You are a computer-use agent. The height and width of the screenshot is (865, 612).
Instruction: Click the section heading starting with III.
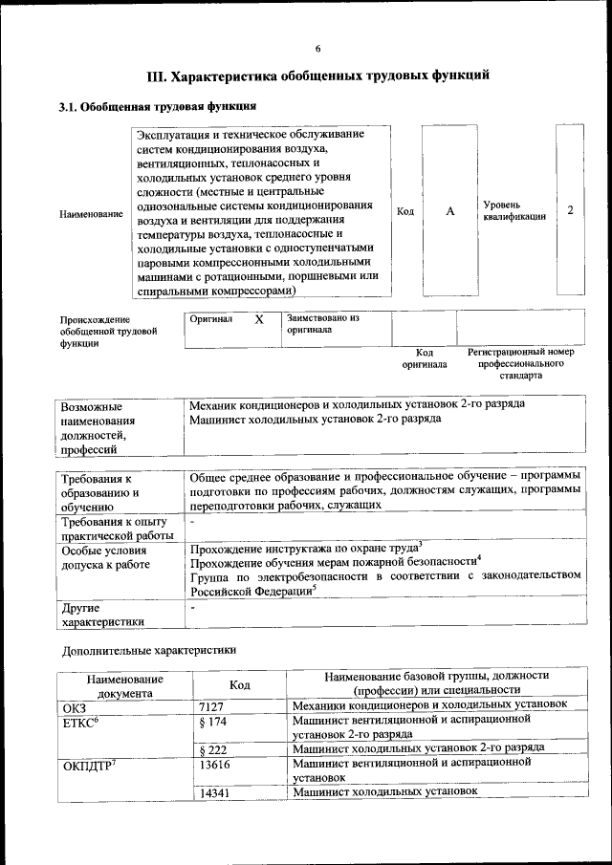point(317,76)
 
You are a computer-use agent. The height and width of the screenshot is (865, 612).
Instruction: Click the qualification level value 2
point(570,209)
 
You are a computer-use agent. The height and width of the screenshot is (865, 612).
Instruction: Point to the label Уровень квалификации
point(514,210)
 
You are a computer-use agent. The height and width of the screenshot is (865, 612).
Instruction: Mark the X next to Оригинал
point(258,320)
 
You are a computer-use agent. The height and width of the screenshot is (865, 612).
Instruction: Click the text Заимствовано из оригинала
point(322,323)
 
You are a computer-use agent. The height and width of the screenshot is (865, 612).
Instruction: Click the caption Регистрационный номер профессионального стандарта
point(520,364)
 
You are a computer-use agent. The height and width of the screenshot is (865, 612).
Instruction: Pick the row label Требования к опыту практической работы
point(113,529)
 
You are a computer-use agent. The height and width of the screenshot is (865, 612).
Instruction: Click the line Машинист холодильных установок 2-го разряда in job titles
point(315,419)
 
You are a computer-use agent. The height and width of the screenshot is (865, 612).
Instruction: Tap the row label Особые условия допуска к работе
point(106,557)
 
